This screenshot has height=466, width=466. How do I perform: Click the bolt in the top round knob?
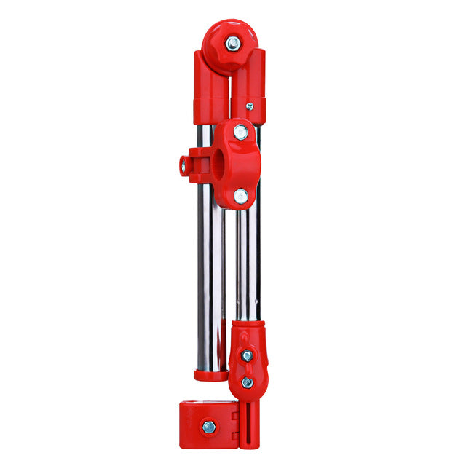[x=233, y=43]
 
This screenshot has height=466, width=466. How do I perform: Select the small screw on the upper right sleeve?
[x=250, y=106]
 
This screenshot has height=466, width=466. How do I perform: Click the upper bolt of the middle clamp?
[x=240, y=133]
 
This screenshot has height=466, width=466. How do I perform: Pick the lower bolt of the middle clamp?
[x=240, y=194]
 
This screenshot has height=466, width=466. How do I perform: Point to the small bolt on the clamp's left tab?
[x=183, y=167]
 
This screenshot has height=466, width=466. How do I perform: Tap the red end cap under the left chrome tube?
[x=209, y=375]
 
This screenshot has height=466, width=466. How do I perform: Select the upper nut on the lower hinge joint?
[x=247, y=355]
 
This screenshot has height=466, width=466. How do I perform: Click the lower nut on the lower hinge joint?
[x=247, y=382]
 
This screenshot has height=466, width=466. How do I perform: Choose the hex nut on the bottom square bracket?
[x=209, y=427]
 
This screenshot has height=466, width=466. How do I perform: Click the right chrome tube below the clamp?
[x=248, y=262]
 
